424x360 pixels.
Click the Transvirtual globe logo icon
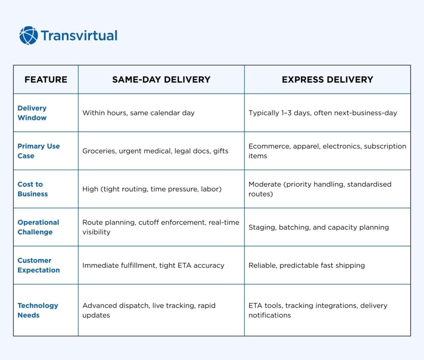click(x=29, y=36)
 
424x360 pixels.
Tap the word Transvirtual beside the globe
click(x=79, y=36)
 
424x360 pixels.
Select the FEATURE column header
click(x=46, y=80)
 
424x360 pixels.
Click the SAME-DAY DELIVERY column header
click(x=161, y=80)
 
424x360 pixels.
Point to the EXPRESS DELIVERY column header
click(x=328, y=80)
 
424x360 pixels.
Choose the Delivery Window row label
click(x=32, y=113)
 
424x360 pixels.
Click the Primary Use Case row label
click(x=39, y=151)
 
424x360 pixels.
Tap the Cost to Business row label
click(x=33, y=189)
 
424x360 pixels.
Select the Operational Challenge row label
click(x=39, y=227)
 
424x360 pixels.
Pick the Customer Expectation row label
click(x=39, y=265)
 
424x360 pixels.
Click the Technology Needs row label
click(x=38, y=310)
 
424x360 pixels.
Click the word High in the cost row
click(x=90, y=189)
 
